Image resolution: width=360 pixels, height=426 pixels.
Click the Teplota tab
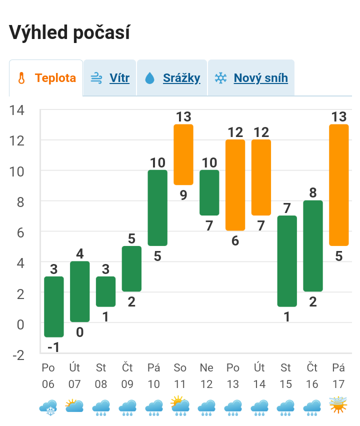point(46,78)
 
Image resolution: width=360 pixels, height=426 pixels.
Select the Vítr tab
point(110,78)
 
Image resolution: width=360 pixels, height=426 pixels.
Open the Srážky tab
point(172,78)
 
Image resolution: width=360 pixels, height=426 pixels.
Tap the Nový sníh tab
point(251,78)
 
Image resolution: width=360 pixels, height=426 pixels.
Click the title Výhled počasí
point(69,33)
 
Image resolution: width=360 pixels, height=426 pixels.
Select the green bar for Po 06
point(54,306)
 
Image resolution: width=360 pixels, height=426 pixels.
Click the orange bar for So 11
point(183,154)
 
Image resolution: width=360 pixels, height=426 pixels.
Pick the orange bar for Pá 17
point(339,185)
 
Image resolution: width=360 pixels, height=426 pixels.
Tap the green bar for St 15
point(287,261)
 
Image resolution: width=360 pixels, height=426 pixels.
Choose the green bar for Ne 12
point(209,192)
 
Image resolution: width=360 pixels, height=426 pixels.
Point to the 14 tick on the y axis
point(16,110)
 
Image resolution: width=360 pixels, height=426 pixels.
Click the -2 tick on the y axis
point(18,355)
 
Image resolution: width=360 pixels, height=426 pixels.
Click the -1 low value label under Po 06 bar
point(54,347)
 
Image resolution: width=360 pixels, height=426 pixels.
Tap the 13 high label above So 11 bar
point(183,116)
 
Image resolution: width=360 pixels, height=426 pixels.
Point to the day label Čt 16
point(312,375)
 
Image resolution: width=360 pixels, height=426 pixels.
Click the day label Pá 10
point(154,375)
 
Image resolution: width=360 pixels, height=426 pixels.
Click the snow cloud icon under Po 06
point(49,407)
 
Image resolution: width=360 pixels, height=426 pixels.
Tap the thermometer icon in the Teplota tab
point(21,78)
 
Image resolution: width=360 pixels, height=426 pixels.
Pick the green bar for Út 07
point(80,291)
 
